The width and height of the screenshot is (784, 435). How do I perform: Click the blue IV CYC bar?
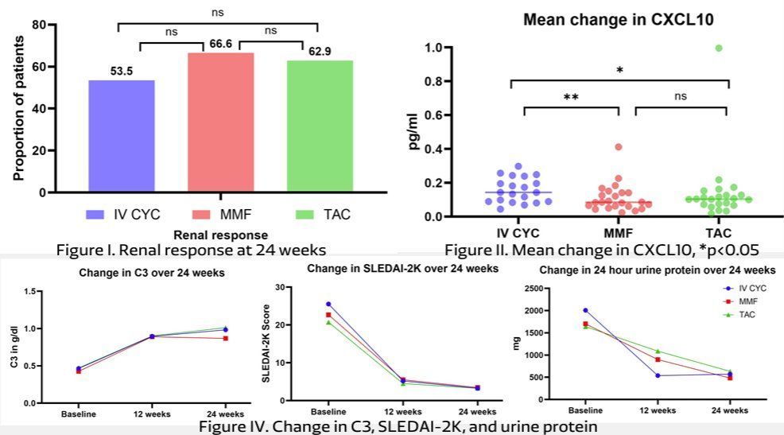122,135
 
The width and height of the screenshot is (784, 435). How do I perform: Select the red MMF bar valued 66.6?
220,122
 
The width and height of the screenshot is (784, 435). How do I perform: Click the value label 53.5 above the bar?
122,72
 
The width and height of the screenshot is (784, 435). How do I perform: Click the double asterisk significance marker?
570,97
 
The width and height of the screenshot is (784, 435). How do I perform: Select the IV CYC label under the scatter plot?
518,233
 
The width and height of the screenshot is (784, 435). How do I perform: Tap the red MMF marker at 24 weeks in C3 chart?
225,338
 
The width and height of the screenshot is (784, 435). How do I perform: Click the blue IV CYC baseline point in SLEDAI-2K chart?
328,304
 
